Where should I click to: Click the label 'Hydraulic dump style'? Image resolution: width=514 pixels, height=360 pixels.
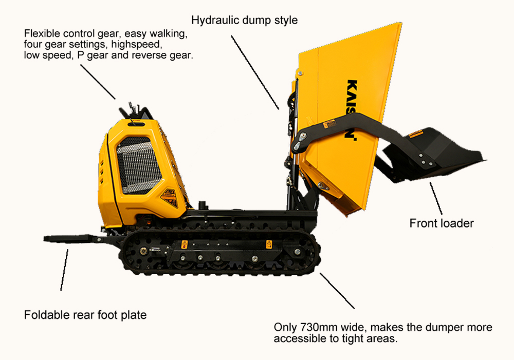point(244,21)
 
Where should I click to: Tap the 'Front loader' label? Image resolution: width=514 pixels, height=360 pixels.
point(442,223)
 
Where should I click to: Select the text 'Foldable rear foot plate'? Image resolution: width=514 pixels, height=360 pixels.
point(85,315)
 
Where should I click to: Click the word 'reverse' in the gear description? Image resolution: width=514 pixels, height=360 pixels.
point(154,55)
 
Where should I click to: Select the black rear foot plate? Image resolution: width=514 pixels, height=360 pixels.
point(72,238)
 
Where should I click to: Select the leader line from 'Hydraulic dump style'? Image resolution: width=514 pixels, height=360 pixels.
point(255,72)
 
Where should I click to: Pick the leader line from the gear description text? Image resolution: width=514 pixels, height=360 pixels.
point(98,81)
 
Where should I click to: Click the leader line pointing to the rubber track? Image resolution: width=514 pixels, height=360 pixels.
point(337,290)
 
